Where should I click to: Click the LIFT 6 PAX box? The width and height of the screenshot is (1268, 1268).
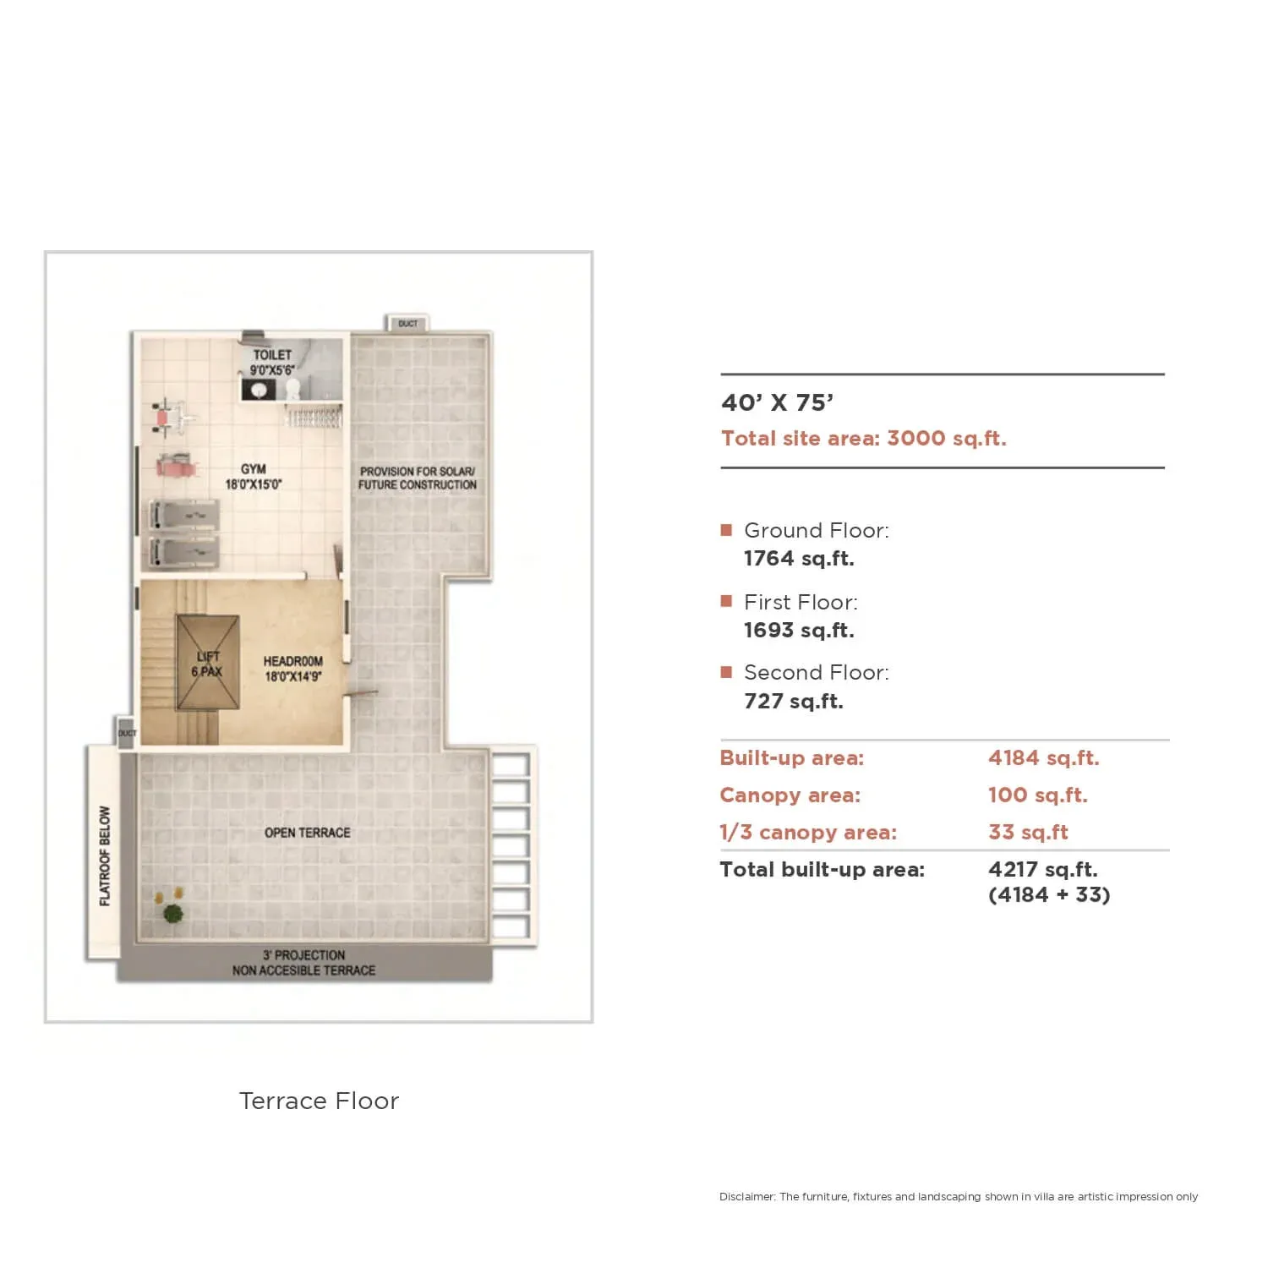click(207, 662)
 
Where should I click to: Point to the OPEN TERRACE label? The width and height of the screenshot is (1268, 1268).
click(307, 833)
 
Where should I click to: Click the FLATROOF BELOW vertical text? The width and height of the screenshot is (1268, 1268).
click(105, 855)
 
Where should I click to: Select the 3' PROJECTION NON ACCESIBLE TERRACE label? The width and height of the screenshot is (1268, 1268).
click(303, 963)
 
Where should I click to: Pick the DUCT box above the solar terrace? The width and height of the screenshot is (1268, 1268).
click(407, 324)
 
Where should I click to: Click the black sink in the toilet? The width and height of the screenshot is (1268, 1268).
click(259, 390)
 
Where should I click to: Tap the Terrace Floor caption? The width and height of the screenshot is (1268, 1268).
click(319, 1101)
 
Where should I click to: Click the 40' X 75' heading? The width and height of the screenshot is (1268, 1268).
click(777, 402)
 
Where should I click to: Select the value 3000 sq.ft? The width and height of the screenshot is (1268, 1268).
click(947, 438)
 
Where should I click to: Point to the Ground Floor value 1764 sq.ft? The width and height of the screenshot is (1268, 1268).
click(799, 559)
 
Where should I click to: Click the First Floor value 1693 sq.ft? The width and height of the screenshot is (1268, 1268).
click(799, 631)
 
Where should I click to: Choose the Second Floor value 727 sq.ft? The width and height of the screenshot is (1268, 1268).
click(794, 702)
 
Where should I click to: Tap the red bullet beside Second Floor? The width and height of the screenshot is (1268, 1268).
click(726, 672)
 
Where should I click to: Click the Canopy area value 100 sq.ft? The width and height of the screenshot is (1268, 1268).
click(1038, 795)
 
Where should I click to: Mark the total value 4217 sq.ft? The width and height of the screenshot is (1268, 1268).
click(1043, 870)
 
